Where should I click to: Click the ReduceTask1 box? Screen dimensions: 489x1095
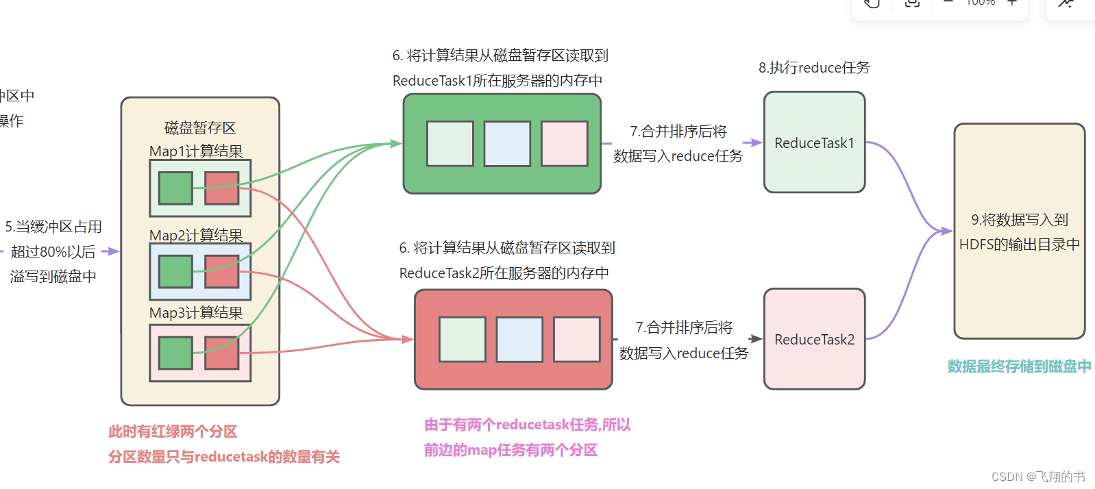[x=814, y=142]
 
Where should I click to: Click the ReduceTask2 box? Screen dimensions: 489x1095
[x=814, y=339]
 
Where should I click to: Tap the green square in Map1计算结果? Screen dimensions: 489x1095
[x=175, y=188]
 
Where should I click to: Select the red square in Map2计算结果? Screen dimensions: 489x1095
[x=222, y=271]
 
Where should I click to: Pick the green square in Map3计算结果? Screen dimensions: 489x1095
[x=175, y=353]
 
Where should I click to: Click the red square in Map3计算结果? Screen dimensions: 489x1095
[x=222, y=353]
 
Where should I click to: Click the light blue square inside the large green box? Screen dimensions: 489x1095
[x=507, y=144]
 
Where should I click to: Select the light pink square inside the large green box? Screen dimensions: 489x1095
[x=565, y=144]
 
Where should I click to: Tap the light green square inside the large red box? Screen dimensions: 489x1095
[x=463, y=339]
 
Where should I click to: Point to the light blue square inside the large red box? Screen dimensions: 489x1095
[x=519, y=339]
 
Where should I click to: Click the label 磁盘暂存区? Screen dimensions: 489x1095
[x=200, y=128]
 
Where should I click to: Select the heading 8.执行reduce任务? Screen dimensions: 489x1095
[x=814, y=68]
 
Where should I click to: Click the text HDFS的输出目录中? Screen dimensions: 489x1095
[x=1020, y=244]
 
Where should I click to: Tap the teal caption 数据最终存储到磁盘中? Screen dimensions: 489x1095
[x=1019, y=366]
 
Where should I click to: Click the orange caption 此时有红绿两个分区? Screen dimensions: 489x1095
[x=173, y=431]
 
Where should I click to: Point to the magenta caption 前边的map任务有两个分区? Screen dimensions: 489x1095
[x=510, y=450]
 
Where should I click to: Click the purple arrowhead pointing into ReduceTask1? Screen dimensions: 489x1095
[x=756, y=142]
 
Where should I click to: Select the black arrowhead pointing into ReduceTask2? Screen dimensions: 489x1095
[x=756, y=339]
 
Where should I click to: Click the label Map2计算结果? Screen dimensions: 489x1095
[x=196, y=235]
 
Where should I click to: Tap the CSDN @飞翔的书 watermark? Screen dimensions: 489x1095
[x=1038, y=477]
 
